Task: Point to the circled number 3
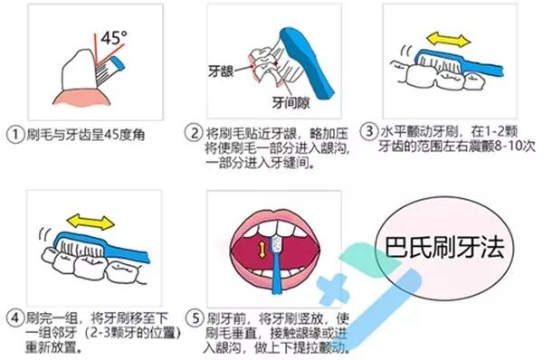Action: [368, 129]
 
